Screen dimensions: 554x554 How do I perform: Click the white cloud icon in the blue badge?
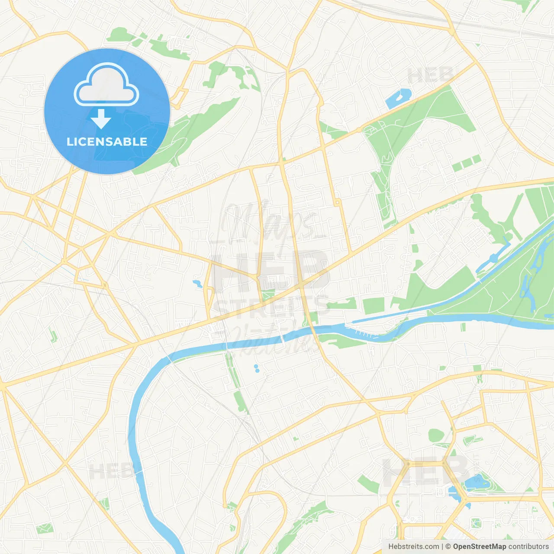point(106,85)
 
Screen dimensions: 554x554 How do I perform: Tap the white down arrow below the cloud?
point(101,119)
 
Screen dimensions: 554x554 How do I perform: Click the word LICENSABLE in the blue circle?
point(107,142)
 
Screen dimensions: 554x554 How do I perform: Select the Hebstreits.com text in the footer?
point(413,547)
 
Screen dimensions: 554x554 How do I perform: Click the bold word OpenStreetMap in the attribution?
point(480,547)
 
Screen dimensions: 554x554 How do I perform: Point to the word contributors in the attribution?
point(528,547)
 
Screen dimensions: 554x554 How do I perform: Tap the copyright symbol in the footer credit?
point(448,547)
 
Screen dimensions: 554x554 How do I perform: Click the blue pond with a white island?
point(398,99)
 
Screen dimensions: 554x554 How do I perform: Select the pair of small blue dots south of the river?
point(257,368)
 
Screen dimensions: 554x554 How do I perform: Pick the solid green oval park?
point(436,435)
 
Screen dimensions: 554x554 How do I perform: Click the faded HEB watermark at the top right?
point(431,76)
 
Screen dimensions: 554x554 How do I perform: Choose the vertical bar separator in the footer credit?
point(442,547)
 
